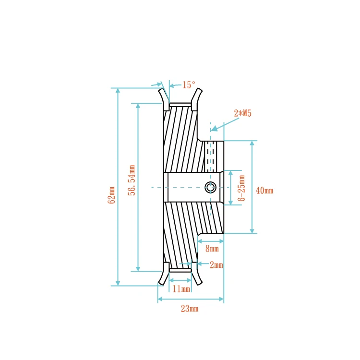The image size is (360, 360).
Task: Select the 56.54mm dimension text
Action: tap(131, 180)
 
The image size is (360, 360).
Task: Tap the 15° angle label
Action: tap(189, 85)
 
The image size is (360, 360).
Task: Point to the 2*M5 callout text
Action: tap(242, 114)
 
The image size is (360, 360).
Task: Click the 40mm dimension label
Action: tap(264, 191)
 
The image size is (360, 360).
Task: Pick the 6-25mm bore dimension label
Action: tap(242, 188)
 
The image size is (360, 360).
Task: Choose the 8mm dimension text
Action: tap(212, 249)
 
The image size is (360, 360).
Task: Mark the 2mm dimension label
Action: tap(216, 264)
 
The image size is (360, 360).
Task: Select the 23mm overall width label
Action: tap(190, 309)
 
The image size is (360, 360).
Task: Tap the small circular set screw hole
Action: tap(210, 187)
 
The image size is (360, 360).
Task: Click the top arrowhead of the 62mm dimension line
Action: tap(118, 90)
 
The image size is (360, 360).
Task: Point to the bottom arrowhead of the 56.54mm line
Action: tap(138, 269)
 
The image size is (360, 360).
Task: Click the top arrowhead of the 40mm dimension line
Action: tap(252, 143)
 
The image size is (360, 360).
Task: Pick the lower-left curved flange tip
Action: tap(161, 282)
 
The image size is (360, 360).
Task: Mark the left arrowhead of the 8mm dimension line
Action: tap(201, 241)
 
